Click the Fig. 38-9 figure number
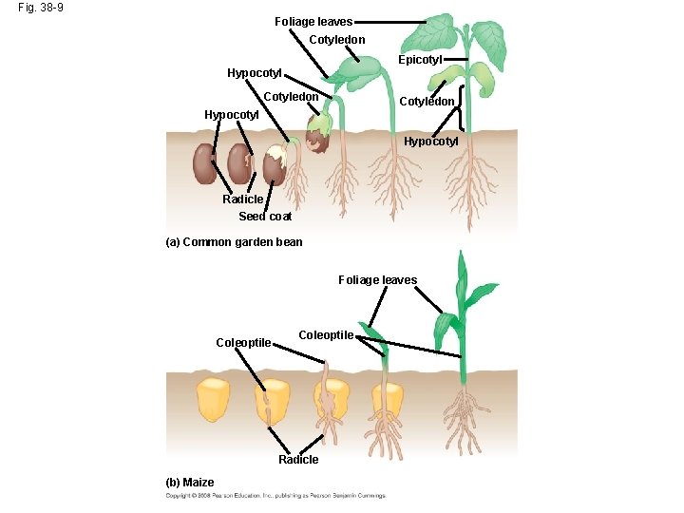(x=40, y=8)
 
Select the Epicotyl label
(x=420, y=59)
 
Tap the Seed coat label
(x=265, y=217)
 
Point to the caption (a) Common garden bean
(x=234, y=242)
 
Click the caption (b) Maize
(x=190, y=483)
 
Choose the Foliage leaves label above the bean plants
(x=313, y=22)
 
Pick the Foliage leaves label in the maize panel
(x=377, y=280)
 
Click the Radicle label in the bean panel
(x=243, y=199)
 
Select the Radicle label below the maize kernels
(x=298, y=460)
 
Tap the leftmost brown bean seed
(x=205, y=163)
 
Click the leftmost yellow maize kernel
(x=214, y=399)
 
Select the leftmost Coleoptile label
(x=243, y=343)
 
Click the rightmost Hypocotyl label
(x=431, y=142)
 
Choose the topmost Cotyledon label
(x=337, y=40)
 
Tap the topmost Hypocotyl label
(x=255, y=73)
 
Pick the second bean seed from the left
(x=238, y=165)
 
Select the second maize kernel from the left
(x=272, y=401)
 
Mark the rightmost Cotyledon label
(x=427, y=102)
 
